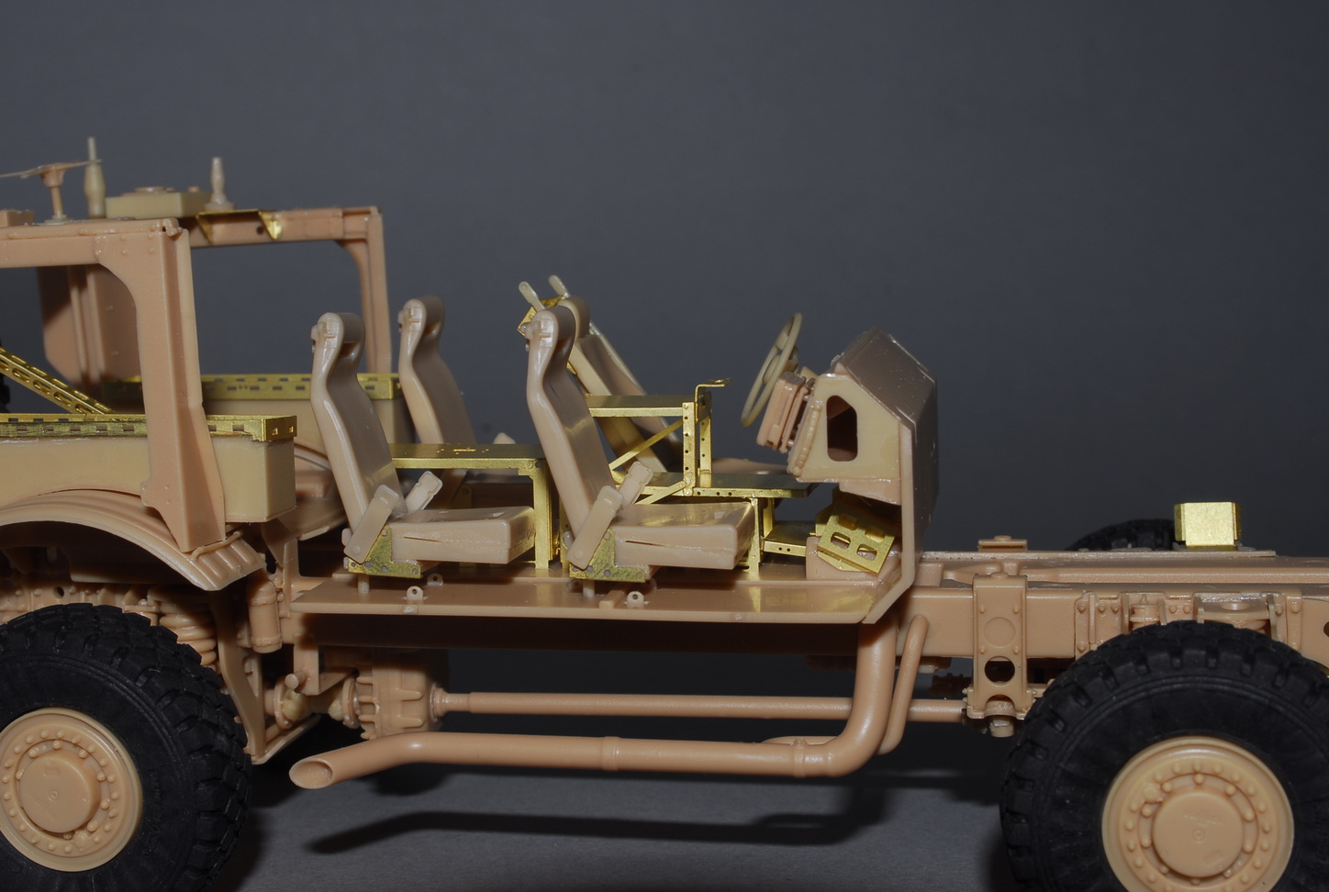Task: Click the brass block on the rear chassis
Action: [x=1205, y=524]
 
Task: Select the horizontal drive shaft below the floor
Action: [x=642, y=705]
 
